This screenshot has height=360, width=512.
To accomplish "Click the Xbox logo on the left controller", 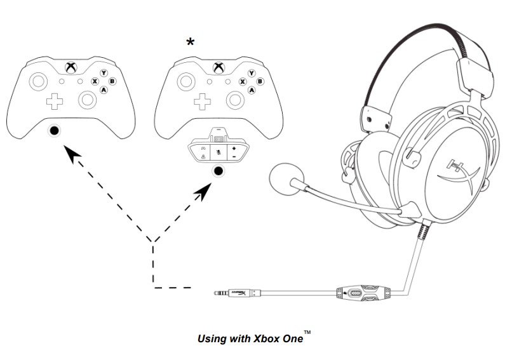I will [x=70, y=67].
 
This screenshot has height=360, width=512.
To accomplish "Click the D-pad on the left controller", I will [x=54, y=100].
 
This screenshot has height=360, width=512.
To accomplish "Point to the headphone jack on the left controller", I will [x=55, y=130].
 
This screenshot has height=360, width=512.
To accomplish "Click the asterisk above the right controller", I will [x=190, y=43].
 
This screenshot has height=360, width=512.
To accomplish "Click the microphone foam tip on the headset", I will [x=285, y=180].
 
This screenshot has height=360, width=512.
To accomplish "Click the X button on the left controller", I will [x=95, y=82].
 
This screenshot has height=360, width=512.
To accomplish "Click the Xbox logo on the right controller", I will [x=219, y=67].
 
